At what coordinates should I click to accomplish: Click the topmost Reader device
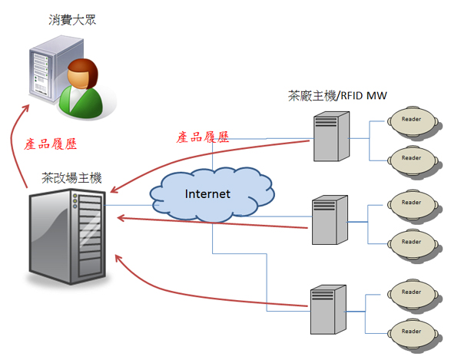tap(411, 120)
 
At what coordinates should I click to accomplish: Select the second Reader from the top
tap(411, 158)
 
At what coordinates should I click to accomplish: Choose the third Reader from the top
tap(411, 203)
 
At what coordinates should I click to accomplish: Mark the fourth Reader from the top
tap(411, 242)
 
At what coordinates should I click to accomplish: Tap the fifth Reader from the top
tap(411, 292)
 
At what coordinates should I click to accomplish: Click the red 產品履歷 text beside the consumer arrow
tap(52, 144)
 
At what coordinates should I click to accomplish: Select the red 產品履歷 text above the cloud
tap(203, 137)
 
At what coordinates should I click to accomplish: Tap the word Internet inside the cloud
tap(207, 193)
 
